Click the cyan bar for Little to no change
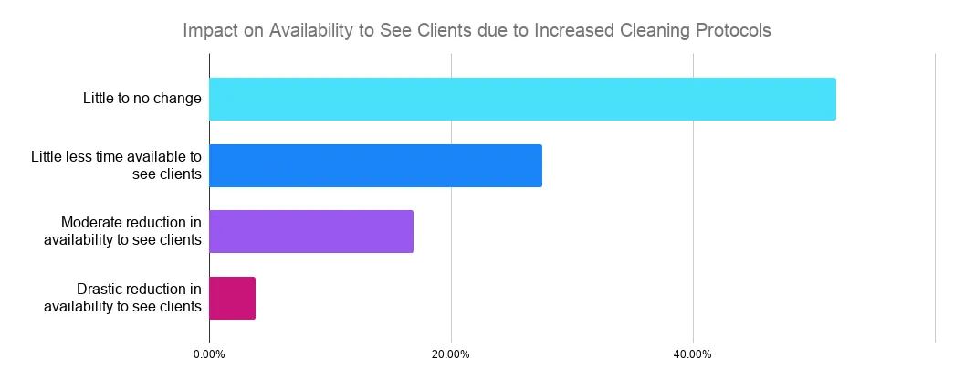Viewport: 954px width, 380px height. [x=522, y=99]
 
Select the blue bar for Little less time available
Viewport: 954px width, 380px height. [x=375, y=165]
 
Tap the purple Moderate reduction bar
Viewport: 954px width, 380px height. [x=311, y=231]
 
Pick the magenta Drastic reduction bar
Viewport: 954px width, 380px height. [x=232, y=298]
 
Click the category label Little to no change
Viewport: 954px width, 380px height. [x=142, y=99]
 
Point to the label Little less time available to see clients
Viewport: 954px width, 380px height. [x=116, y=165]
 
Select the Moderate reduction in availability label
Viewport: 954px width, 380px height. [x=122, y=231]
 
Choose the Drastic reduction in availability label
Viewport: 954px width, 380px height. [x=122, y=298]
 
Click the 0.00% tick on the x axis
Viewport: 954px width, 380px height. [x=209, y=354]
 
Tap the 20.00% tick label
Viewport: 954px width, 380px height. [x=451, y=354]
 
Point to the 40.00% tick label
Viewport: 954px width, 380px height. [x=693, y=354]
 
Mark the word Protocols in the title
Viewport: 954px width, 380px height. [x=734, y=30]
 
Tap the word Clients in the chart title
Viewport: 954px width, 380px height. [x=445, y=30]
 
